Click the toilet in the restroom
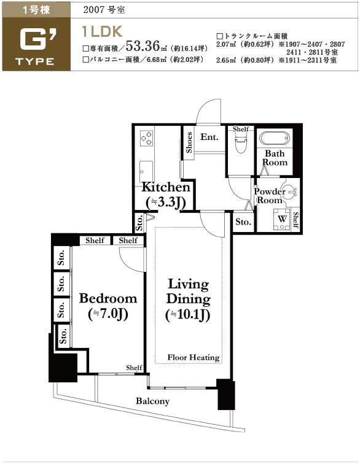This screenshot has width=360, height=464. click(241, 142)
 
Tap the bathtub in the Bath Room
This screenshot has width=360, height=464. click(275, 138)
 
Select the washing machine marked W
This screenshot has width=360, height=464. click(282, 219)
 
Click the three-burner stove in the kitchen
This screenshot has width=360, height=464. click(146, 138)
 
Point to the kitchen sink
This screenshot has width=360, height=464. click(146, 172)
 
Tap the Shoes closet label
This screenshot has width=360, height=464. click(189, 142)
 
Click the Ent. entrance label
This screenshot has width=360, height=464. click(209, 137)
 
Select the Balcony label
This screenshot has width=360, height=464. click(152, 401)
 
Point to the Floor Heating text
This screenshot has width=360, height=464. click(194, 357)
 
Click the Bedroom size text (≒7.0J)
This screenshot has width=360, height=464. click(108, 314)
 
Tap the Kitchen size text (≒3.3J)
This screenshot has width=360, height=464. click(166, 203)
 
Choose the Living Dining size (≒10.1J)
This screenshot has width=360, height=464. click(188, 315)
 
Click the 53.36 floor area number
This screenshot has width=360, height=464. click(143, 46)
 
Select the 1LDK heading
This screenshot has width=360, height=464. click(102, 31)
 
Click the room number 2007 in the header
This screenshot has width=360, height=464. click(94, 10)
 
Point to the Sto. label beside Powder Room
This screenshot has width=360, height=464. click(243, 222)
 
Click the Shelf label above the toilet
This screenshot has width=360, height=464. click(241, 129)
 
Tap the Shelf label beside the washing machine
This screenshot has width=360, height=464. click(295, 220)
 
